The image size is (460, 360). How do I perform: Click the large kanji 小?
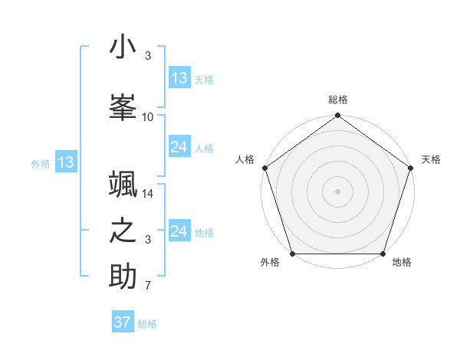coord(123,47)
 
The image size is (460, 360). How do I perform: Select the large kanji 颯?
coord(123,186)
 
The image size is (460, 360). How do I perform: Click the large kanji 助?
coord(123,277)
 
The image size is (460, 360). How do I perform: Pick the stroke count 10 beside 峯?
coord(148,117)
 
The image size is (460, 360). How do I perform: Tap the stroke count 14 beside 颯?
coord(148,194)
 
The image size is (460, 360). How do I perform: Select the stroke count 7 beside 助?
coord(148,286)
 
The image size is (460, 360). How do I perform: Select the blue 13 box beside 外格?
coord(65,162)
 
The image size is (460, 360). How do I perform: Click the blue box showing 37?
coord(123,322)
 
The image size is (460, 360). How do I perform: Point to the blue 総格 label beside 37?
coord(147,324)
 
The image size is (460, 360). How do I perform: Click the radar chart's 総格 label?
coord(337,100)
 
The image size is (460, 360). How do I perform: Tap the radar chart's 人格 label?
coord(245,159)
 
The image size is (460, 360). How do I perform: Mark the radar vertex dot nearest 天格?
coord(410,168)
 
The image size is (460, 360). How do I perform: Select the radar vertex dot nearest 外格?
coord(292,254)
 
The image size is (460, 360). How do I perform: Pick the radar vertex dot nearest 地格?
coord(383,254)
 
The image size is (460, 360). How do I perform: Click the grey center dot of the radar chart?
coord(337,191)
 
